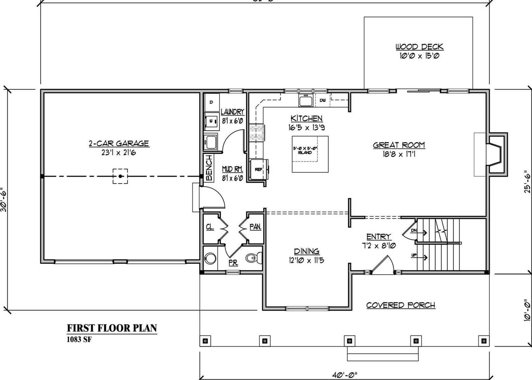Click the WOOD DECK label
(419, 47)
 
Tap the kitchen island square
(310, 154)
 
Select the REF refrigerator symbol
(259, 169)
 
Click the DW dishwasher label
(322, 100)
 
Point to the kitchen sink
(306, 101)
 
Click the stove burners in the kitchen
(257, 132)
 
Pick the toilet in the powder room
(254, 258)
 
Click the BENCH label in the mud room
(209, 168)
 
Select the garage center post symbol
(120, 176)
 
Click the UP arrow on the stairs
(419, 256)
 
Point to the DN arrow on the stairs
(418, 231)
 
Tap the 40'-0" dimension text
(344, 375)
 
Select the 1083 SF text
(79, 339)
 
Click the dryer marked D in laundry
(211, 102)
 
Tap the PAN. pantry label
(255, 227)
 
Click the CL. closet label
(210, 227)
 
